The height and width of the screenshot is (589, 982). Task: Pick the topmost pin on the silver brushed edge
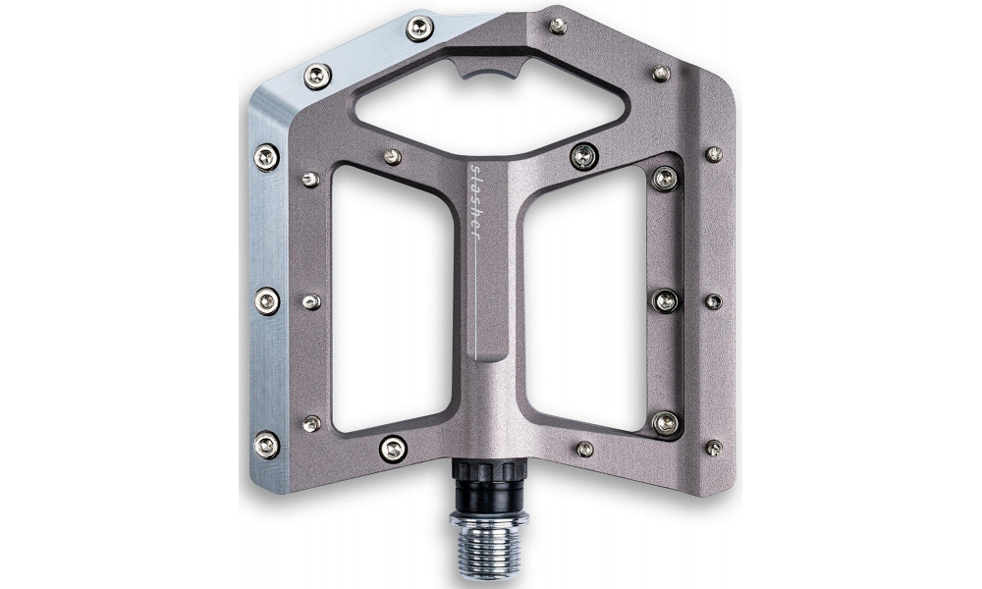pyautogui.click(x=419, y=28)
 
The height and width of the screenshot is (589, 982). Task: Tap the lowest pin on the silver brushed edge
pyautogui.click(x=266, y=445)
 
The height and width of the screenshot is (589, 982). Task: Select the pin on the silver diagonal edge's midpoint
pyautogui.click(x=317, y=76)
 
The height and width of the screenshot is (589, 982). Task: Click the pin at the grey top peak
pyautogui.click(x=557, y=26)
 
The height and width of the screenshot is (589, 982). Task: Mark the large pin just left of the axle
pyautogui.click(x=392, y=448)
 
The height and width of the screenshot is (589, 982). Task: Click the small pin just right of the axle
pyautogui.click(x=584, y=449)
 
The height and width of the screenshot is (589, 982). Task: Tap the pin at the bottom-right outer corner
pyautogui.click(x=714, y=447)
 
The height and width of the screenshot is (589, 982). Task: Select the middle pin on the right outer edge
pyautogui.click(x=714, y=300)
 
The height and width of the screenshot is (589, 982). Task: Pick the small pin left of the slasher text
pyautogui.click(x=392, y=156)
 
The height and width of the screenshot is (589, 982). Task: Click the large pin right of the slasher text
pyautogui.click(x=583, y=155)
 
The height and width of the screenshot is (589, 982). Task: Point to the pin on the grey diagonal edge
pyautogui.click(x=661, y=73)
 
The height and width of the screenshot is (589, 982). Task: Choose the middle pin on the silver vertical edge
pyautogui.click(x=266, y=300)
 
